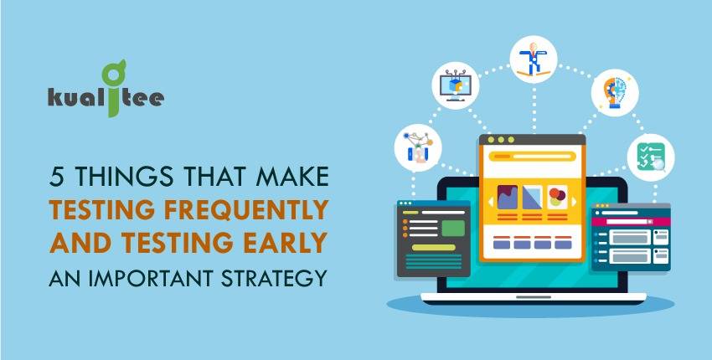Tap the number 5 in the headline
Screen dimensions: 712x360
[55, 177]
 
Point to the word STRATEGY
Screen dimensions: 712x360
[274, 278]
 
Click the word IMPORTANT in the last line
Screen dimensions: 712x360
[152, 278]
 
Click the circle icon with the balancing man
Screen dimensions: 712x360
[533, 59]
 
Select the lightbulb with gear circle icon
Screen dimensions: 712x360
[615, 93]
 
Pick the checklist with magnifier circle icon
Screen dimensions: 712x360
[651, 157]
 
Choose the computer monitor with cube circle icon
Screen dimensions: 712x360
[455, 85]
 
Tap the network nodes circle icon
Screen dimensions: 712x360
[418, 147]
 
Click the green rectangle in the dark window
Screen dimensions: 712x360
[453, 229]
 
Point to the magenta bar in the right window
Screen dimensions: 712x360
[631, 222]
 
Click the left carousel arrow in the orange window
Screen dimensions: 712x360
[491, 202]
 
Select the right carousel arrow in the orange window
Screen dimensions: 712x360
[574, 202]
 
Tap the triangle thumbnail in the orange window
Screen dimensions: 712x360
[532, 198]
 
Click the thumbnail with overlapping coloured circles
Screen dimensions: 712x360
[557, 198]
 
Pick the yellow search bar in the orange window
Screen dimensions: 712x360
[532, 157]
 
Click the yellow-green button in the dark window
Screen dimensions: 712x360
[434, 248]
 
